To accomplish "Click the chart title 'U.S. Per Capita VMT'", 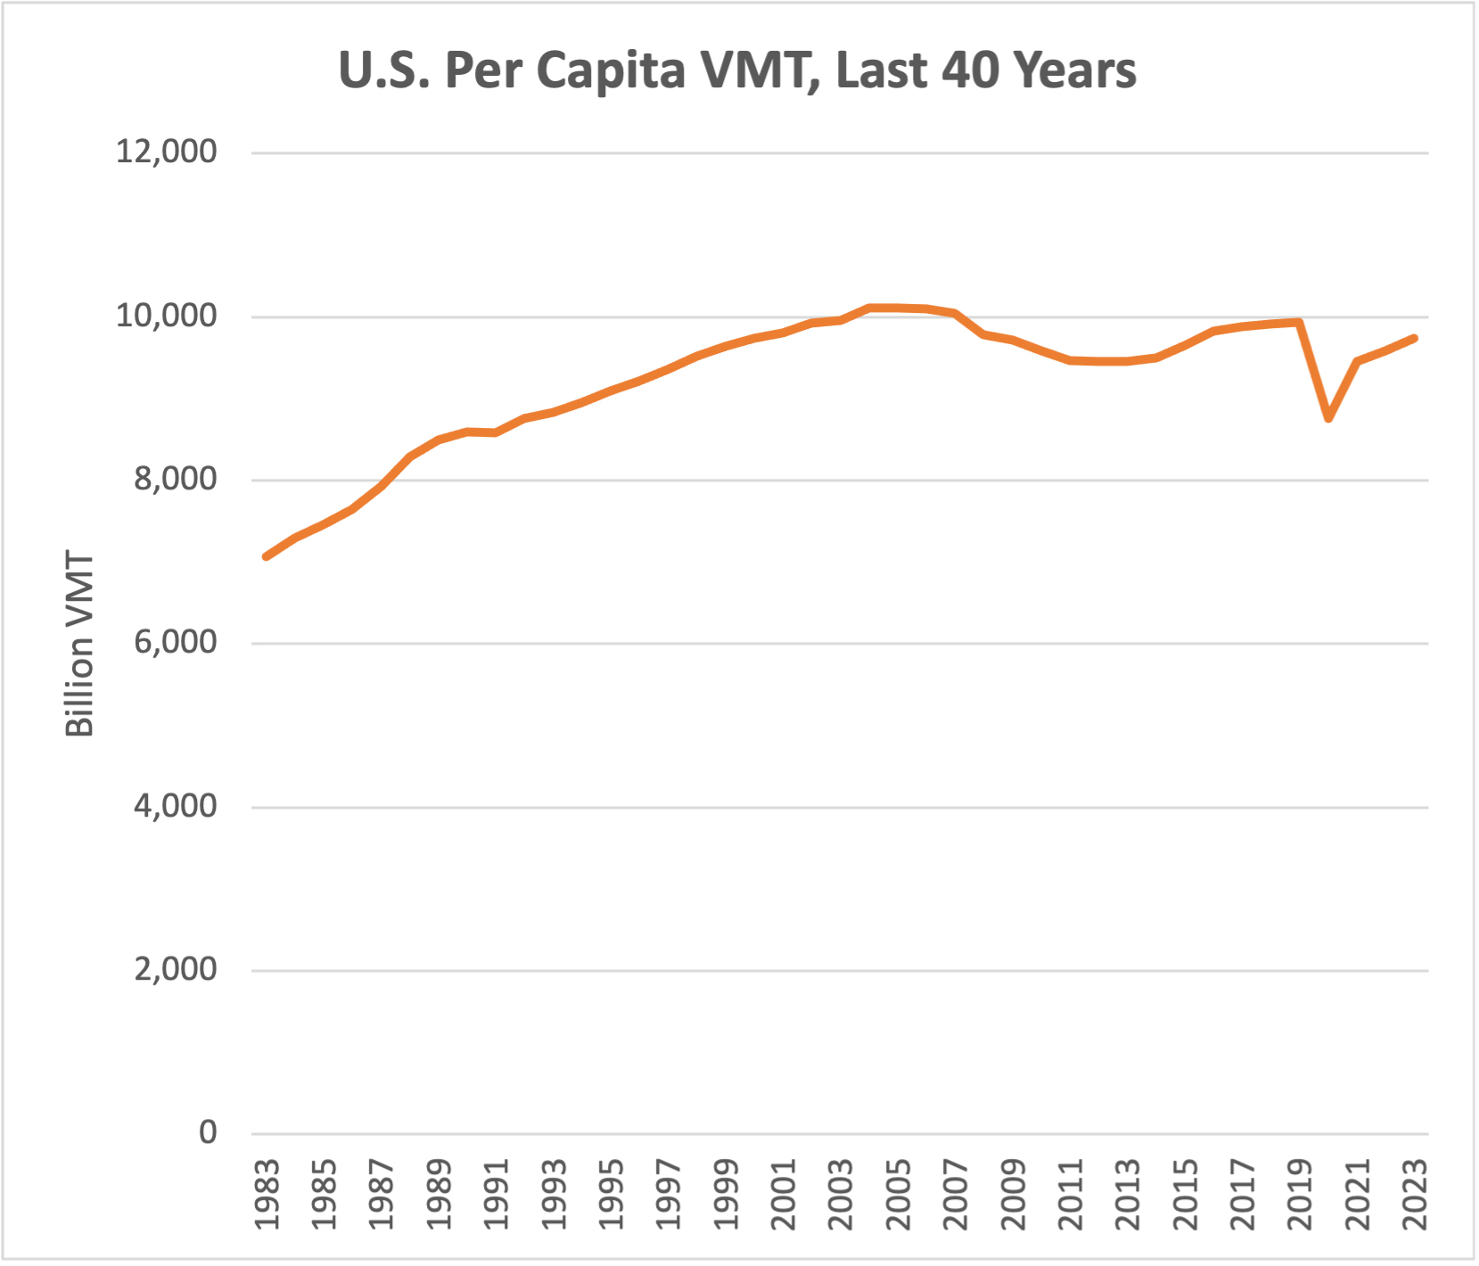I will coord(736,70).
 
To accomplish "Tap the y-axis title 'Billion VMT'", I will coord(79,645).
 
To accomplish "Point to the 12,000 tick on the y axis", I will coord(167,152).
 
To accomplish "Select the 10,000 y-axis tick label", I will coord(167,316).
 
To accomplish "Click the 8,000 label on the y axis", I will coord(176,479).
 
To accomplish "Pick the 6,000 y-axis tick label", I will coord(176,642).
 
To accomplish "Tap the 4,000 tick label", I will coord(176,806).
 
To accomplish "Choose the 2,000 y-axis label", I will coord(176,969).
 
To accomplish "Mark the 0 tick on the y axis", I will coord(208,1132).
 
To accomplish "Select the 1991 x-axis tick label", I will coord(497,1195).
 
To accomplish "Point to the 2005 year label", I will coord(899,1195).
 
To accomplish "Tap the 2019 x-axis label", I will coord(1301,1195).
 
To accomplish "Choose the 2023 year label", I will coord(1415,1195).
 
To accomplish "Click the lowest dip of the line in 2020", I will coord(1328,417).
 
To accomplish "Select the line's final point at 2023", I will coord(1414,338).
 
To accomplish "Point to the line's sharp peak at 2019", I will coord(1300,321).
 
